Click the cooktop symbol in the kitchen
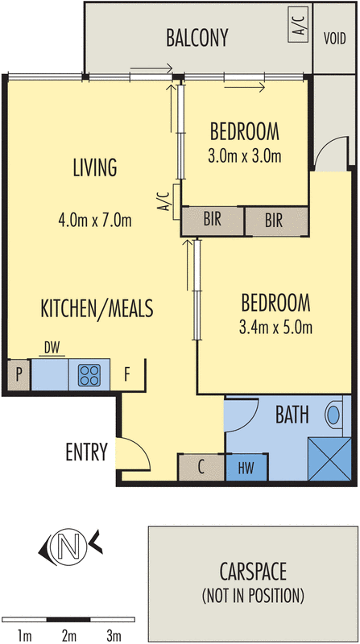[x=89, y=375]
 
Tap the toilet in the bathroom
[x=333, y=415]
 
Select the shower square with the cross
[x=329, y=459]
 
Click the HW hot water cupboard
[x=246, y=468]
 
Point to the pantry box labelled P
[x=19, y=375]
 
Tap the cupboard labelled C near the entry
[x=201, y=468]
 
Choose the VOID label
[x=334, y=38]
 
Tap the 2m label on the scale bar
[x=69, y=637]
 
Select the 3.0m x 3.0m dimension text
[x=245, y=156]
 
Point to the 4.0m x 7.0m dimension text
[x=95, y=221]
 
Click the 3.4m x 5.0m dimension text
[x=275, y=328]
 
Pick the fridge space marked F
[x=127, y=375]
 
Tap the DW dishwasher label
[x=52, y=349]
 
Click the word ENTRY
[x=86, y=452]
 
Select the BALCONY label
[x=197, y=38]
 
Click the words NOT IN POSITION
[x=253, y=596]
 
